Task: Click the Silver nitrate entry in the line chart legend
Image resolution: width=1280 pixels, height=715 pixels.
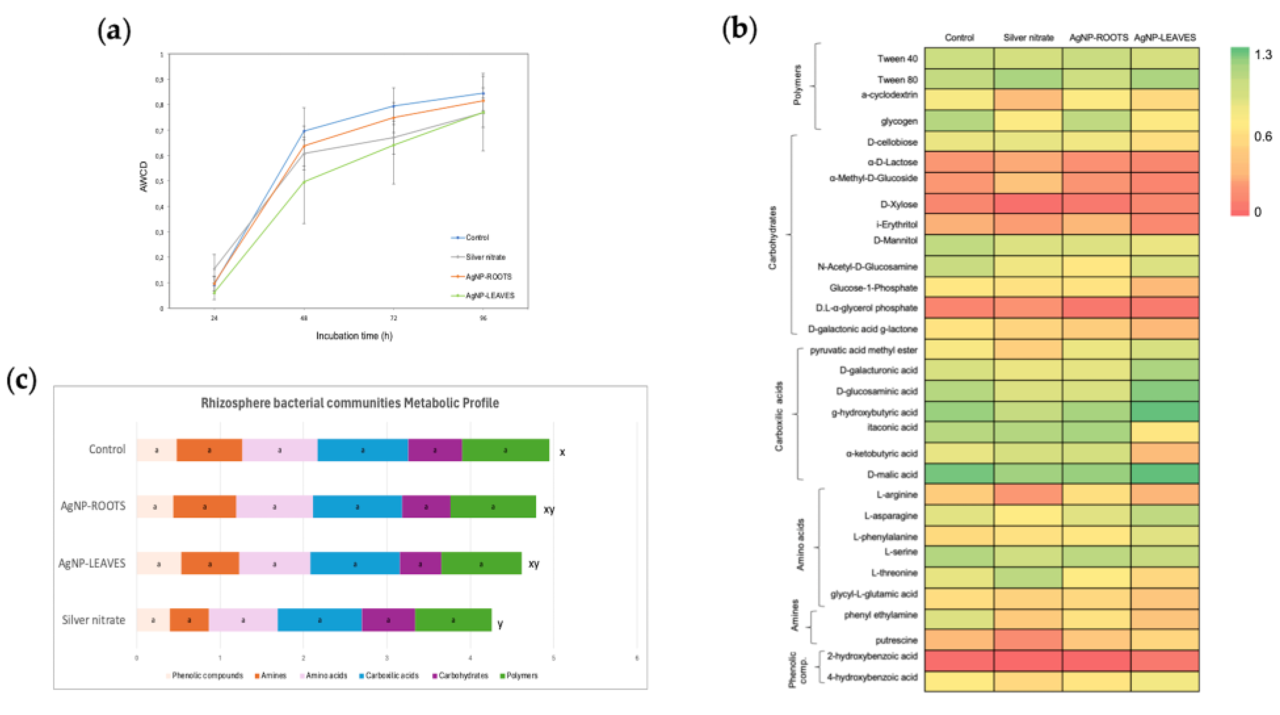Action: (x=485, y=257)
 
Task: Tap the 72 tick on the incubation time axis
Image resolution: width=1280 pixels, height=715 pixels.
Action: (x=393, y=318)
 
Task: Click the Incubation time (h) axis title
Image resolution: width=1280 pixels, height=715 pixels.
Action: (x=354, y=336)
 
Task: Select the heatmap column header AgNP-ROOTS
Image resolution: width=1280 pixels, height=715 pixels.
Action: (x=1098, y=38)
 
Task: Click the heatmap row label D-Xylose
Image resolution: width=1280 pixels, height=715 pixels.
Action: (x=898, y=204)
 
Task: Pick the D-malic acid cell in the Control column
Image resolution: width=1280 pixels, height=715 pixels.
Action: (x=959, y=474)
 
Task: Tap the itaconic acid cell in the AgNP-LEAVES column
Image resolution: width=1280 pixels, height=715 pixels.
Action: (x=1165, y=431)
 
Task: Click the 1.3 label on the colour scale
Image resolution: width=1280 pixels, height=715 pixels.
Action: (x=1263, y=54)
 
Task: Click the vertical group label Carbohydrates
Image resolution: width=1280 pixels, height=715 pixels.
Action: (x=772, y=238)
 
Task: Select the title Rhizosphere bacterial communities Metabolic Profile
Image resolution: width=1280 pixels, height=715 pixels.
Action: (x=349, y=403)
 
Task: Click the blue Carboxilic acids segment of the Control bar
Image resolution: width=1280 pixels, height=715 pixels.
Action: (x=362, y=450)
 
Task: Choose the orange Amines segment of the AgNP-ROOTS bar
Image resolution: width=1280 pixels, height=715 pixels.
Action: (x=204, y=507)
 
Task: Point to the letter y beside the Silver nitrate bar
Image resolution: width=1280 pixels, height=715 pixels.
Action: (x=500, y=624)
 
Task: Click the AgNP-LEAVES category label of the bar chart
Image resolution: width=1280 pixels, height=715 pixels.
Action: (x=92, y=563)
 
